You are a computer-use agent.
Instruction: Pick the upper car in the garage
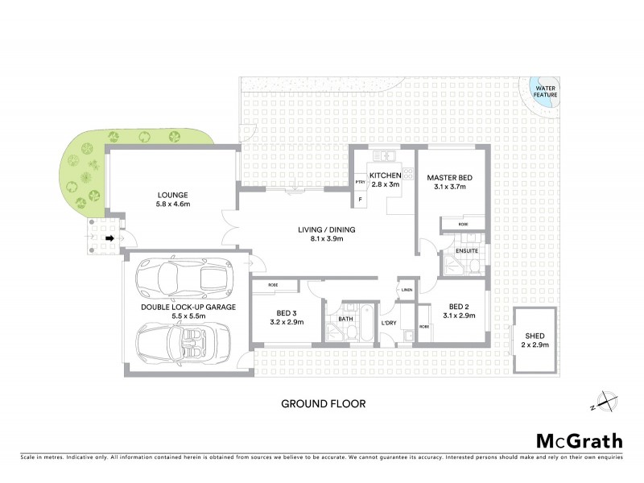(x=182, y=279)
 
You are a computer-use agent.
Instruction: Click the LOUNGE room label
(x=173, y=195)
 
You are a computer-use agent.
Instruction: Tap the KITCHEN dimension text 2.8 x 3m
(x=384, y=185)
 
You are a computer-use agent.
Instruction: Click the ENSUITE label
(x=467, y=251)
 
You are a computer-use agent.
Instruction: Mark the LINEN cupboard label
(x=407, y=290)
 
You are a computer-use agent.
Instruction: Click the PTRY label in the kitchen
(x=360, y=183)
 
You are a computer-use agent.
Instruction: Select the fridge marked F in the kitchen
(x=360, y=199)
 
